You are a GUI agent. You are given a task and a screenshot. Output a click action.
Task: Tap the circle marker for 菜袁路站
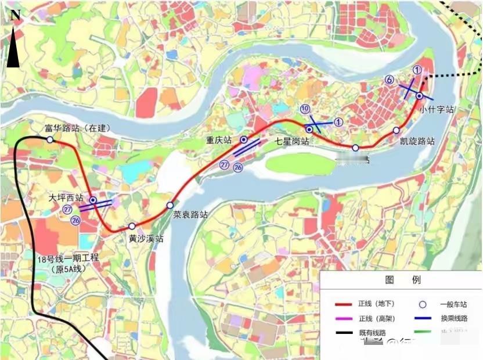pyautogui.click(x=170, y=205)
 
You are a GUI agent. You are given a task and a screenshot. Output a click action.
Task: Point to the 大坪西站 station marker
pyautogui.click(x=93, y=200)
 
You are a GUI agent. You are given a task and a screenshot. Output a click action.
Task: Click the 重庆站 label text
pyautogui.click(x=219, y=140)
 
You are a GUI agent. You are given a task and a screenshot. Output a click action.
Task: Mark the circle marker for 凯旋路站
pyautogui.click(x=397, y=130)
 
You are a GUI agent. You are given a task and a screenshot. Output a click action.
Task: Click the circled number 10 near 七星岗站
pyautogui.click(x=305, y=109)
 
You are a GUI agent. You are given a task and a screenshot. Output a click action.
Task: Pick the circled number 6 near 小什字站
pyautogui.click(x=390, y=80)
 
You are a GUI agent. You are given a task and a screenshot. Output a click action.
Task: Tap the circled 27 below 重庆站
pyautogui.click(x=224, y=165)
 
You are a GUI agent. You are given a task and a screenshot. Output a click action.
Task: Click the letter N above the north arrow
pyautogui.click(x=16, y=16)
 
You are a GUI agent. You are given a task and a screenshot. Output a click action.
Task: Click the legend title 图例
pyautogui.click(x=402, y=280)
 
